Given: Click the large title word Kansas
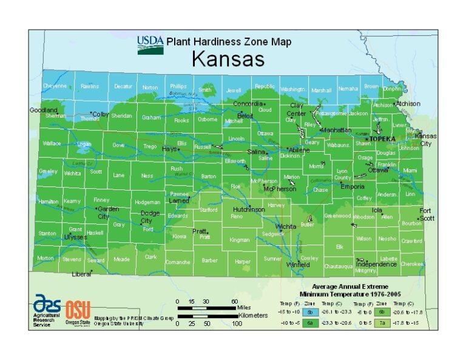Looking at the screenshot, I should point(228,59).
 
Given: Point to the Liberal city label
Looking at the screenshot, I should point(81,274).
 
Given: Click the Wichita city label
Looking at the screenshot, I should point(286,226).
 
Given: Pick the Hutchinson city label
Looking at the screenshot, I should point(248,209).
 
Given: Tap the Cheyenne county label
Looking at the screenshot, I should point(55,86).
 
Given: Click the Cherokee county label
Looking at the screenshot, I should point(411,263).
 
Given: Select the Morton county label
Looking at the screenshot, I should point(46,258).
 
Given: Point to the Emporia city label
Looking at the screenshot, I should point(353,186).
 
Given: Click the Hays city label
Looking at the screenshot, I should point(169,149).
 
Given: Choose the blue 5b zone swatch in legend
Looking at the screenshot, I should point(310,311).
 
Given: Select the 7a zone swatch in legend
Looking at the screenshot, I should point(382,323).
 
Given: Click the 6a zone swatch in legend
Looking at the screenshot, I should point(310,323).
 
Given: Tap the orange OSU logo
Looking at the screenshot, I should point(77,309).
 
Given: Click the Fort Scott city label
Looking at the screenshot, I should point(427,214).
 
